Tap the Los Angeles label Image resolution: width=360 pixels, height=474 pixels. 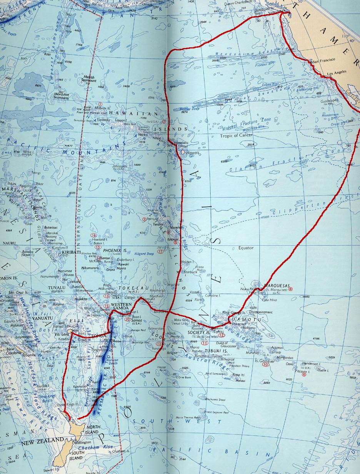point(336,72)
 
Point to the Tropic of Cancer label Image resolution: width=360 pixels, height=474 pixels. point(236,135)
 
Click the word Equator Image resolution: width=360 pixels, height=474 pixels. point(246,248)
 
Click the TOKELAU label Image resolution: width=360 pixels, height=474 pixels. point(128,287)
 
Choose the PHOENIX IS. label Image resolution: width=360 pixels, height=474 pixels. point(115,250)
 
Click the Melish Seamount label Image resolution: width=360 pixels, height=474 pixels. point(89,78)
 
